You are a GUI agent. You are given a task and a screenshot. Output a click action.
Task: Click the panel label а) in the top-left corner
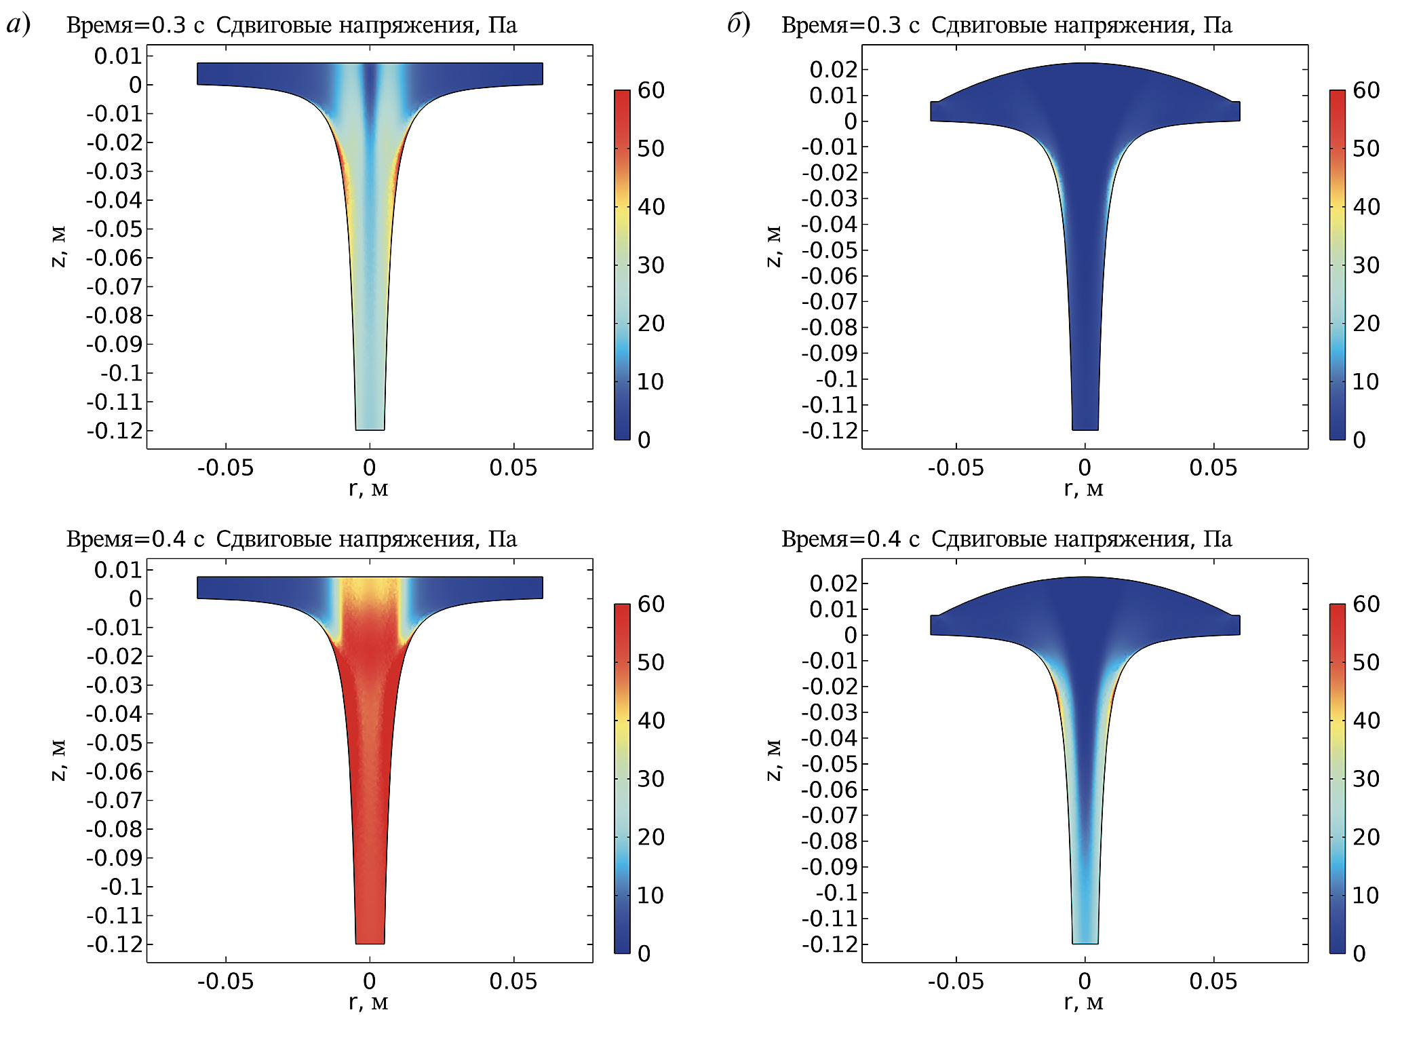coord(18,24)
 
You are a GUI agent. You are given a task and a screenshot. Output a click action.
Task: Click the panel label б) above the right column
coord(739,24)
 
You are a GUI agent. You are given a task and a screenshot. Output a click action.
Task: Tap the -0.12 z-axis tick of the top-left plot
coord(115,431)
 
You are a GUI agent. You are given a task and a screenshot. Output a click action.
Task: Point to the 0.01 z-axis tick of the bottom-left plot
coord(118,570)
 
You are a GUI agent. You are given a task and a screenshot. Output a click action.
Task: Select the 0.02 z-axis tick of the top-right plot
coord(834,69)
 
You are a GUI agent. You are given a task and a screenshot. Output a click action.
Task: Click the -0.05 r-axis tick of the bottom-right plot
coord(956,981)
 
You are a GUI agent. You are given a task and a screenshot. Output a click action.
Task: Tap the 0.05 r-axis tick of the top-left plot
coord(513,467)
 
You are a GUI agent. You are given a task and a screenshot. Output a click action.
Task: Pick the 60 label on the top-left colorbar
coord(650,90)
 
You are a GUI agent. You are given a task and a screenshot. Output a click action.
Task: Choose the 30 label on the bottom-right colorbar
coord(1365,779)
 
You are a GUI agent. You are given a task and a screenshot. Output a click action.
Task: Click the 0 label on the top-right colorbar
coord(1359,440)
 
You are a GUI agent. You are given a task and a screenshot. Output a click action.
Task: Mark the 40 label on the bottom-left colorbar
coord(650,721)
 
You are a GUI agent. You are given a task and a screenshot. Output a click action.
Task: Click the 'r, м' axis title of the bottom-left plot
coord(368,1001)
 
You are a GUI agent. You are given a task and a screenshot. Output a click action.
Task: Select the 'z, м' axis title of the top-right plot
coord(773,246)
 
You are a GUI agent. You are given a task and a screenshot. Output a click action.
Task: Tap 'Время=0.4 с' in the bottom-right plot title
coord(850,539)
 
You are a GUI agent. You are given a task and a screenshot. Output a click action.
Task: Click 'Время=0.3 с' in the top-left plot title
coord(135,25)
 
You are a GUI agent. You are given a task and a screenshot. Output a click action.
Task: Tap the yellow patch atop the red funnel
coord(370,591)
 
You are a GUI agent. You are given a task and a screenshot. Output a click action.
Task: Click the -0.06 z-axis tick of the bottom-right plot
coord(830,790)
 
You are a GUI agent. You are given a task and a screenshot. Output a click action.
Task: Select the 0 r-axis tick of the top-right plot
coord(1085,467)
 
